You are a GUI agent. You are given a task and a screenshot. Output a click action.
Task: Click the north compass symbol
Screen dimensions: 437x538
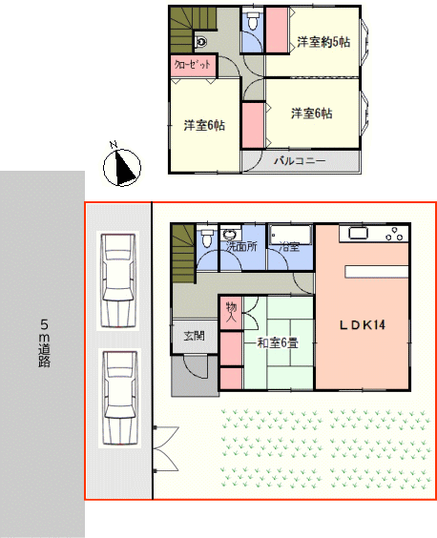[122, 167]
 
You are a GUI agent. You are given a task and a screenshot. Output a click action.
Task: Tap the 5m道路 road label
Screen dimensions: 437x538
[44, 343]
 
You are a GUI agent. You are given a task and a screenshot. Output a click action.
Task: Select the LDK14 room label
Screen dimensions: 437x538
[363, 324]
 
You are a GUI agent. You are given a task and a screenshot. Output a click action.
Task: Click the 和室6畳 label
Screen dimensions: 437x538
[278, 342]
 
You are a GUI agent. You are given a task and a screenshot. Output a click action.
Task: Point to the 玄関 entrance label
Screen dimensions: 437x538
[195, 335]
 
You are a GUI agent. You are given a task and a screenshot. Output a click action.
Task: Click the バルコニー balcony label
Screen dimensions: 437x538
[300, 160]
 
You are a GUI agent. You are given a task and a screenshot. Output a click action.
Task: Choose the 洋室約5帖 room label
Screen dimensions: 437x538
[323, 42]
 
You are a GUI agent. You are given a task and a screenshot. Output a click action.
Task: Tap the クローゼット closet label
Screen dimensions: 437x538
[192, 64]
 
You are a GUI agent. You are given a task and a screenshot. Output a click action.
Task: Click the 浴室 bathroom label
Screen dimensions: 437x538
[289, 246]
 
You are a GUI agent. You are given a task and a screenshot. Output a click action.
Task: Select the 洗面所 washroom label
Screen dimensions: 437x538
[241, 246]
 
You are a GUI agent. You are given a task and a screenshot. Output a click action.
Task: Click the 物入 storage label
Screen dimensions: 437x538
[231, 312]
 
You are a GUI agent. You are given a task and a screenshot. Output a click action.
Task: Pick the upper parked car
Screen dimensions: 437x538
[117, 280]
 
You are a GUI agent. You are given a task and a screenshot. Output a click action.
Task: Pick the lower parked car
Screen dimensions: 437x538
[119, 398]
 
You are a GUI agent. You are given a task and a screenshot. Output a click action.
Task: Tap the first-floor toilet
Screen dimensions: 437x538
[207, 238]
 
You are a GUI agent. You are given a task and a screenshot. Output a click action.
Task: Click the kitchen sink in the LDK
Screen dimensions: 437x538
[358, 234]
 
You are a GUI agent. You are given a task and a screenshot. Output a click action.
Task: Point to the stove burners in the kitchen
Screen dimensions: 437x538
[394, 234]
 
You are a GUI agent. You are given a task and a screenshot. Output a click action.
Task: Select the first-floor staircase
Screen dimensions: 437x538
[183, 253]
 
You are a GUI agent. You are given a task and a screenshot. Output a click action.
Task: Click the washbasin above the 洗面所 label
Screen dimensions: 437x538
[229, 234]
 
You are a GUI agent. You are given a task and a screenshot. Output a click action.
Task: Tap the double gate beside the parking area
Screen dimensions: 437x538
[165, 448]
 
